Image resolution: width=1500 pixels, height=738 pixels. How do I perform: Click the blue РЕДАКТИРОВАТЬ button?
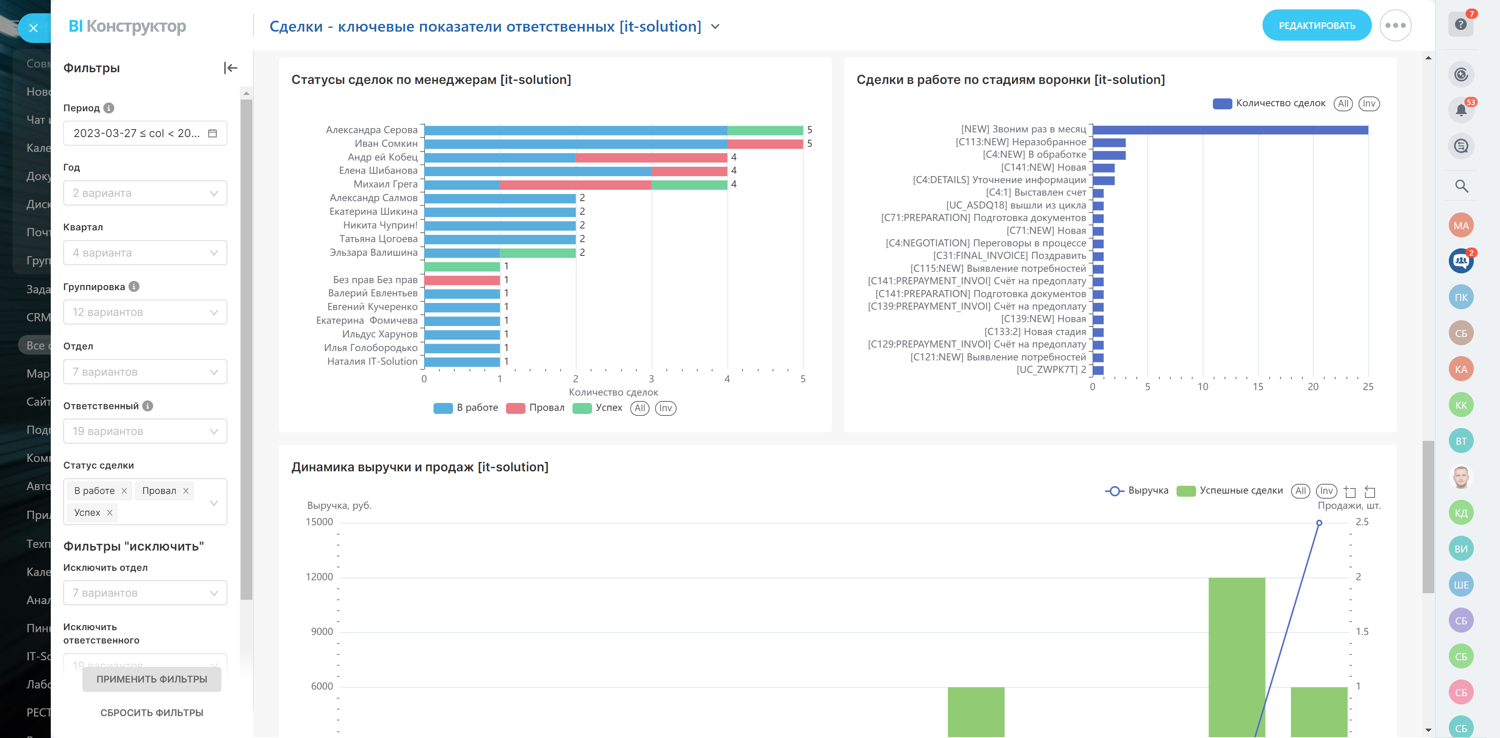[1316, 26]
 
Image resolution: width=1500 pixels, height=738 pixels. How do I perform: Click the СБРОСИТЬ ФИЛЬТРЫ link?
[152, 712]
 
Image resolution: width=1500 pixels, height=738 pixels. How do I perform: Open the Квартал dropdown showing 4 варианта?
[145, 253]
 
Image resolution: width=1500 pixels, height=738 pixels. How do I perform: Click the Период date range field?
[145, 133]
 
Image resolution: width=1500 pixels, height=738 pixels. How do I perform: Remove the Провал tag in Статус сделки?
[186, 491]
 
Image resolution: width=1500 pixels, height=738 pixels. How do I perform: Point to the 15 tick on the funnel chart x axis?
[1258, 387]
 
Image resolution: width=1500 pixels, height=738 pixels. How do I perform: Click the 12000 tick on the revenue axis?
[319, 577]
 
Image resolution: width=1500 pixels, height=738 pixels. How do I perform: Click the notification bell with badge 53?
[1461, 109]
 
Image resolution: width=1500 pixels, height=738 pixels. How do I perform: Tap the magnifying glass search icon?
[1461, 186]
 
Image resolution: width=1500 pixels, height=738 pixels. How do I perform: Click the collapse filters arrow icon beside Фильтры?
[230, 68]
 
